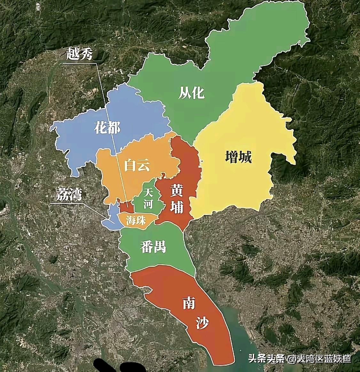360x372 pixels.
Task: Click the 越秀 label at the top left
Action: (79, 55)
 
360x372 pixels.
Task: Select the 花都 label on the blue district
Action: (107, 128)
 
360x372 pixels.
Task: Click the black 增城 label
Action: (239, 157)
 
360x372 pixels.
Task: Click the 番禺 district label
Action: (153, 247)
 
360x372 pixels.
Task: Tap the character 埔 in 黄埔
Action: (176, 207)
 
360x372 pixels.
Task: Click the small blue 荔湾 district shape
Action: (113, 217)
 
